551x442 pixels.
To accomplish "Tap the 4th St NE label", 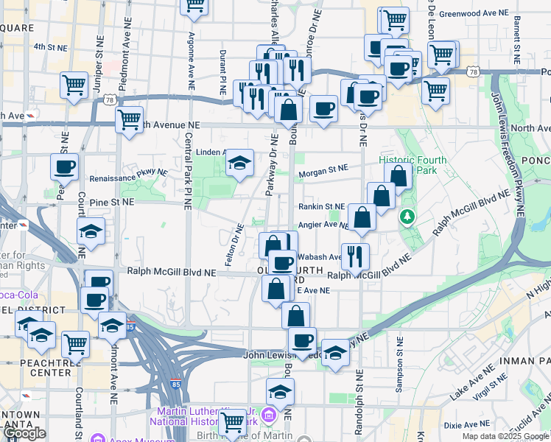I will pyautogui.click(x=50, y=46).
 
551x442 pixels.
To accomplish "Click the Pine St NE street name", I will pyautogui.click(x=111, y=200).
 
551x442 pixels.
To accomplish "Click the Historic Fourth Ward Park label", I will pyautogui.click(x=408, y=165).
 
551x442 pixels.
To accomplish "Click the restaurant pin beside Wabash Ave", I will pyautogui.click(x=355, y=256).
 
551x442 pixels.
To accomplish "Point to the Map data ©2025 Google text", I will pyautogui.click(x=505, y=436).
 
